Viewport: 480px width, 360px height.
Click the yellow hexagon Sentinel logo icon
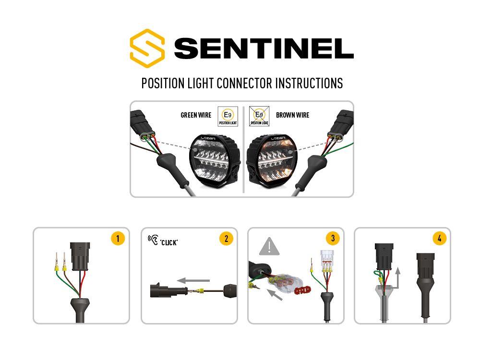(x=147, y=48)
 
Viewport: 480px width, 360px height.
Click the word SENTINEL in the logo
(x=264, y=48)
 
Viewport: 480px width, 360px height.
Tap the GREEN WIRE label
(x=196, y=115)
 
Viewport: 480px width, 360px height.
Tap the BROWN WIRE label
(x=292, y=115)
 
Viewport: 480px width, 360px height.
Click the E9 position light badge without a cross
(x=228, y=116)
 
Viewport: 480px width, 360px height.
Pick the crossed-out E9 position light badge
(x=259, y=116)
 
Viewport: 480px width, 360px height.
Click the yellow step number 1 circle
(x=118, y=239)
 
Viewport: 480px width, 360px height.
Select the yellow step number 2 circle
(x=226, y=239)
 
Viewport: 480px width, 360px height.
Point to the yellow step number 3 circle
(x=332, y=239)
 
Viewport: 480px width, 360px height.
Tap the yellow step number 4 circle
(x=439, y=239)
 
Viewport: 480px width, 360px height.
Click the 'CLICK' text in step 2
(x=169, y=242)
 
